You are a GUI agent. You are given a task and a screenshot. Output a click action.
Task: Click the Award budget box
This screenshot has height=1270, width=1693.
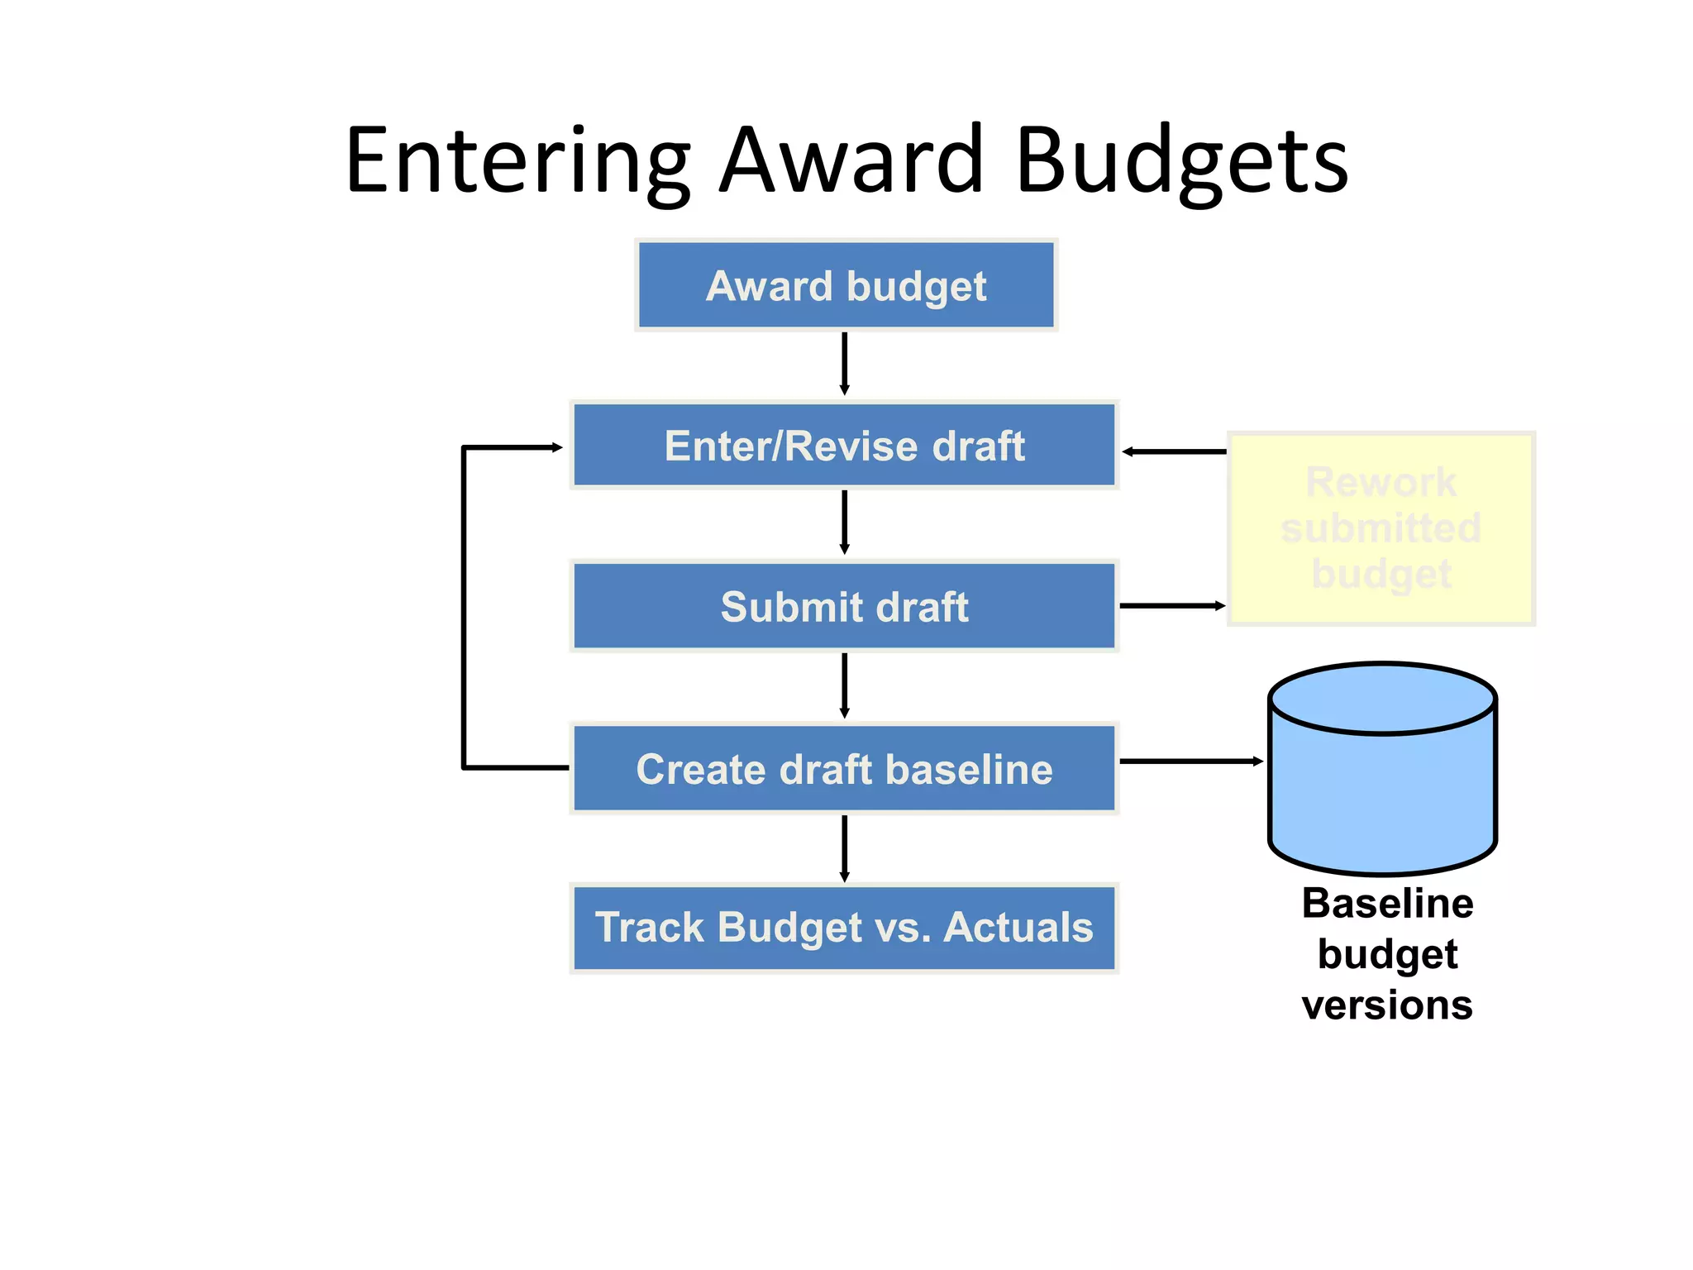pyautogui.click(x=846, y=286)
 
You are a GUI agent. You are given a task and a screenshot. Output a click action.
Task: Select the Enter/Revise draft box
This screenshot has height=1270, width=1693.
pyautogui.click(x=844, y=446)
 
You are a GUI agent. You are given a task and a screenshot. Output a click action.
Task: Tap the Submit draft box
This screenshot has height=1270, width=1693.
pyautogui.click(x=844, y=606)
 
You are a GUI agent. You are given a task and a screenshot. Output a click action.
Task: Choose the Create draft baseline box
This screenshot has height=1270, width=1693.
pyautogui.click(x=844, y=769)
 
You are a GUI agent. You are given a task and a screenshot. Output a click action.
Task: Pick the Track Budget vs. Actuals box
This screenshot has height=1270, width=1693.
pyautogui.click(x=844, y=927)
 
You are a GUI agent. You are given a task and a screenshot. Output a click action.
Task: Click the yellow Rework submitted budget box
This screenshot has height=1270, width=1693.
pyautogui.click(x=1381, y=528)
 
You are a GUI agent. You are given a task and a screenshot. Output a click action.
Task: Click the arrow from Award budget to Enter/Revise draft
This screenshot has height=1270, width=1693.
pyautogui.click(x=844, y=364)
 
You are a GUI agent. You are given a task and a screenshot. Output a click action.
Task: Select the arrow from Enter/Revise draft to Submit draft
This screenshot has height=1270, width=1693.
pyautogui.click(x=844, y=523)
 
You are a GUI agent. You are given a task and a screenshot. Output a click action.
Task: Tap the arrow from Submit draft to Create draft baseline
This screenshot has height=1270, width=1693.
pyautogui.click(x=844, y=685)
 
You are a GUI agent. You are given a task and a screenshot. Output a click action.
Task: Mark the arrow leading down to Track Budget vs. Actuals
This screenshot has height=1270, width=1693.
pyautogui.click(x=844, y=848)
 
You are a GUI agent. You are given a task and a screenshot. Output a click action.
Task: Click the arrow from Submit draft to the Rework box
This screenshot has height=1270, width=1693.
pyautogui.click(x=1171, y=606)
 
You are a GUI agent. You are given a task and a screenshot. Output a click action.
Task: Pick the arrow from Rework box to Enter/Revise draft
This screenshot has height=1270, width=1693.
pyautogui.click(x=1174, y=451)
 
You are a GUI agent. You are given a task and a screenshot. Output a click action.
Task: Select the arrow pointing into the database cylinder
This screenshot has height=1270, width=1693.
pyautogui.click(x=1190, y=761)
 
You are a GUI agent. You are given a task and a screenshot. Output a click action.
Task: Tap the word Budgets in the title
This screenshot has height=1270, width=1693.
pyautogui.click(x=1181, y=161)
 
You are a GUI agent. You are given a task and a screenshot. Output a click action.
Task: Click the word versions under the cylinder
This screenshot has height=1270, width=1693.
pyautogui.click(x=1387, y=1005)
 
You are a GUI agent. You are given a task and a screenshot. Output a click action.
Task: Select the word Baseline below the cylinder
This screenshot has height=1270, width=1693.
pyautogui.click(x=1387, y=903)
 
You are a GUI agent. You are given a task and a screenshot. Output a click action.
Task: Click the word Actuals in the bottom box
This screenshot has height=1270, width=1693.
pyautogui.click(x=1018, y=927)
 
